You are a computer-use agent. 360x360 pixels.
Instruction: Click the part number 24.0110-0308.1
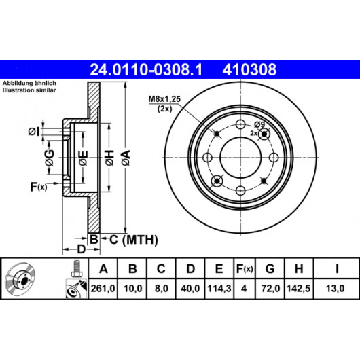click(x=146, y=70)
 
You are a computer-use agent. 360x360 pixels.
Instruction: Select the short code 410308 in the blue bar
click(x=249, y=70)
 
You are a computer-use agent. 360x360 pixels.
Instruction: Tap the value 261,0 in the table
click(x=103, y=289)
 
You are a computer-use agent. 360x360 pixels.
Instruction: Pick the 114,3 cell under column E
click(x=219, y=289)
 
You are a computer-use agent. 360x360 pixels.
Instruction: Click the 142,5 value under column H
click(x=298, y=289)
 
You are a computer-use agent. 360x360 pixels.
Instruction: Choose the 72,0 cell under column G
click(x=270, y=289)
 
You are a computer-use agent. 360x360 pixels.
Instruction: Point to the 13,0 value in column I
click(x=335, y=289)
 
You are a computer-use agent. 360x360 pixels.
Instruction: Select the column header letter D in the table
click(x=190, y=268)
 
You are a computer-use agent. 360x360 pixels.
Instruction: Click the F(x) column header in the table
click(x=245, y=268)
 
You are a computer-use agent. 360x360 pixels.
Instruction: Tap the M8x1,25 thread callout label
click(x=164, y=99)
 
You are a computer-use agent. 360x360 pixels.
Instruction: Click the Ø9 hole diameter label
click(x=259, y=125)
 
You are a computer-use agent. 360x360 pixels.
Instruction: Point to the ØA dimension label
click(x=126, y=158)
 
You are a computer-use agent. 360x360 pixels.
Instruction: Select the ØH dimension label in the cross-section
click(x=110, y=158)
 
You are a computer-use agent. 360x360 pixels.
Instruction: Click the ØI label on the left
click(x=34, y=132)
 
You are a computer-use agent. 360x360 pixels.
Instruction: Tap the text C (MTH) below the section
click(x=134, y=240)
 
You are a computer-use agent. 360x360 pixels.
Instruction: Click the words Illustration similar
click(x=29, y=90)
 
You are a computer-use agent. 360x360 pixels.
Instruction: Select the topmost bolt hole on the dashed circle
click(x=240, y=125)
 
